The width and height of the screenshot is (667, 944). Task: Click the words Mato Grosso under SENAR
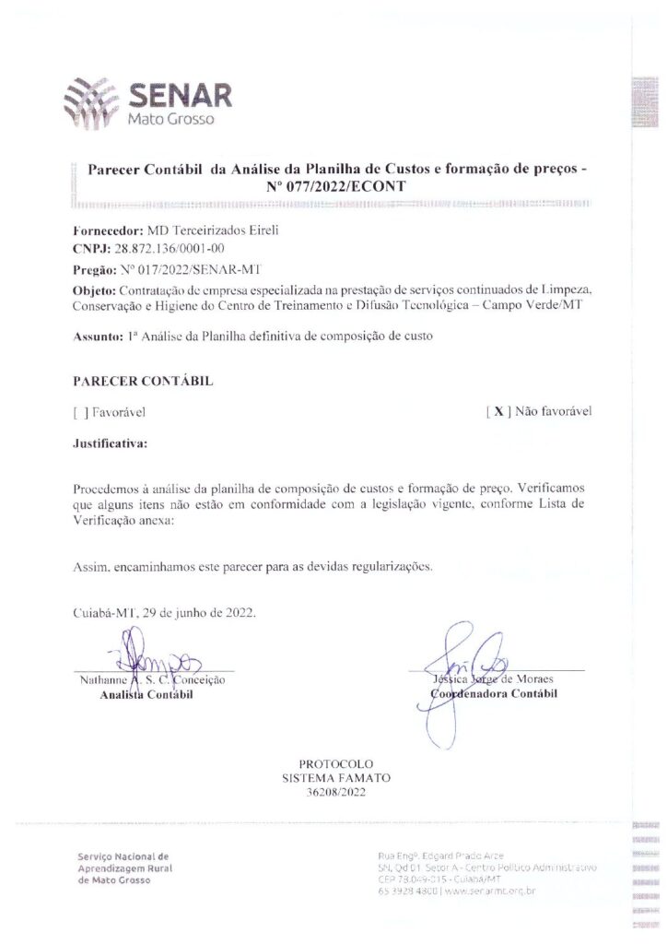tap(170, 120)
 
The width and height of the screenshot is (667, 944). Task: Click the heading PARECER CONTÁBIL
tap(143, 380)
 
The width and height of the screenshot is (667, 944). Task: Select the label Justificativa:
tap(110, 442)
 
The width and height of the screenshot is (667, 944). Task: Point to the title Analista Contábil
tap(146, 695)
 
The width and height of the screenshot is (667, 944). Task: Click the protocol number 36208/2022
tap(335, 793)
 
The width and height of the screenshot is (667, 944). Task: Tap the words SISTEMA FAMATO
tap(335, 778)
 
